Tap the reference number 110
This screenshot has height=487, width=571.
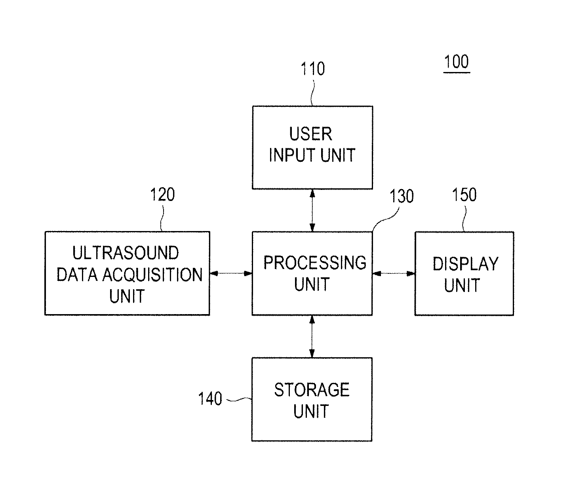coord(313,68)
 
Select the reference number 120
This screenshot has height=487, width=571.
coord(162,194)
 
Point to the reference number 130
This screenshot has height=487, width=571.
coord(402,196)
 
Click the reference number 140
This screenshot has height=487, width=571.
coord(210,398)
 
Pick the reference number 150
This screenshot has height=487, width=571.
coord(464,195)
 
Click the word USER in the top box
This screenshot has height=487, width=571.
coord(311,134)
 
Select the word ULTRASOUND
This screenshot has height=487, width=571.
coord(126,253)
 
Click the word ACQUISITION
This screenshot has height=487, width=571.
coord(153,275)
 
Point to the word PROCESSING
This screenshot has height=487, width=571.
coord(315,263)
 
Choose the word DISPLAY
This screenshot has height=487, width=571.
coord(466,264)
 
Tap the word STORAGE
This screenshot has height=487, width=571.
coord(312,390)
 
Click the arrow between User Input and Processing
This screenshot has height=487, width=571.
coord(312,210)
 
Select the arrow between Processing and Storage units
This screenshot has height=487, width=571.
coord(312,337)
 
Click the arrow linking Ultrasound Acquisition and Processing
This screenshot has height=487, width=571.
coord(231,273)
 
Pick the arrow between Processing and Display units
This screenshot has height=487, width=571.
coord(394,273)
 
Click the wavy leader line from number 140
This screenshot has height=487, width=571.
coord(239,399)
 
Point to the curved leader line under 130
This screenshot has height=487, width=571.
coord(386,220)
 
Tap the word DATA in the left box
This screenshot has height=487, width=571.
coord(77,275)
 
